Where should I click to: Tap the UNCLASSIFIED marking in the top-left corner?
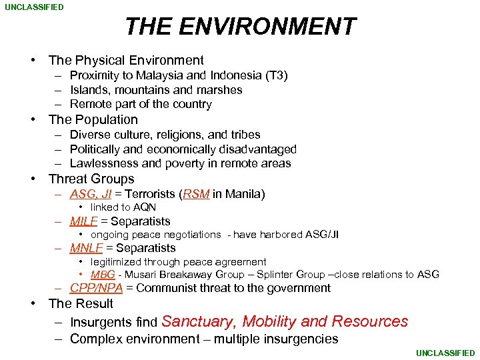[35, 7]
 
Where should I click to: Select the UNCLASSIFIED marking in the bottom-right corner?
[445, 353]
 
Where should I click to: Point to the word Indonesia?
[237, 75]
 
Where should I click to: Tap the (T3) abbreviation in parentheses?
[277, 75]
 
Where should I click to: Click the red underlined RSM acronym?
[196, 194]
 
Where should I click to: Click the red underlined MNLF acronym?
[86, 248]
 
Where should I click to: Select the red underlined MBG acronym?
[103, 275]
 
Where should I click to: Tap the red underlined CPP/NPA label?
[96, 288]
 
